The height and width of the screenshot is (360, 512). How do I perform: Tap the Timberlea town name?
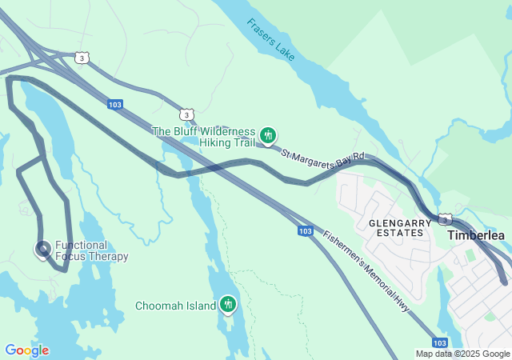pos(475,235)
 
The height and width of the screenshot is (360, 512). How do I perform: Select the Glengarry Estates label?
pos(395,227)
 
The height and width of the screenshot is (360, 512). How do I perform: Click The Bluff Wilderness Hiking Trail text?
pos(203,137)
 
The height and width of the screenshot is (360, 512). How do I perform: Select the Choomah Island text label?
pos(175,306)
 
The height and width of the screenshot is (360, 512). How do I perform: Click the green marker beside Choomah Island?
pos(228,304)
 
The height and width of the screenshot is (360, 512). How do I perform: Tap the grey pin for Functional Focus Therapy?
pos(42,250)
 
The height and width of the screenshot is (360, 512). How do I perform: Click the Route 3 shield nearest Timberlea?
pos(445,219)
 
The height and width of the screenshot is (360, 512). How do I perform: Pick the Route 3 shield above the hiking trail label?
pos(186,115)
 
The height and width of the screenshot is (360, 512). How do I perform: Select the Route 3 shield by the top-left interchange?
pos(81,58)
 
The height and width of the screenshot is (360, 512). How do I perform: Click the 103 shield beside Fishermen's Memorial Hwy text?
pos(305,230)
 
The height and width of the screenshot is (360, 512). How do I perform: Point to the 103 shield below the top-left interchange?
pos(115,104)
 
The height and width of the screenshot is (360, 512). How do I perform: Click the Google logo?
pos(26,350)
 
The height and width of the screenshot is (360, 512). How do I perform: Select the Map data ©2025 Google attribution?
pos(462,354)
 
